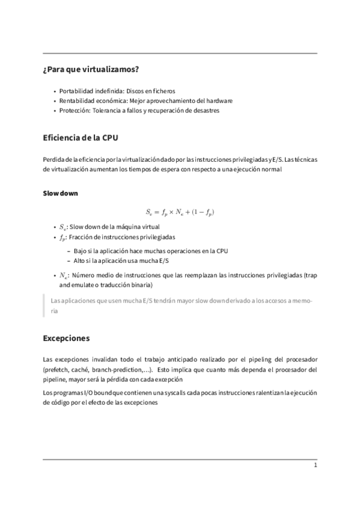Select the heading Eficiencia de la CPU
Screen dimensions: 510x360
(x=81, y=138)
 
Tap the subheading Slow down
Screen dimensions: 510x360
(x=60, y=193)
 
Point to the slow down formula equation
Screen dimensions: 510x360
(x=180, y=212)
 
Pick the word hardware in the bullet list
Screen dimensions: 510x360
(x=219, y=100)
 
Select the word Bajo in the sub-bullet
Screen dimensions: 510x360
(x=81, y=250)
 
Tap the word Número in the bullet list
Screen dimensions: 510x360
(x=85, y=275)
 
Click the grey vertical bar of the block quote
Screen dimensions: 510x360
(x=44, y=305)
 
